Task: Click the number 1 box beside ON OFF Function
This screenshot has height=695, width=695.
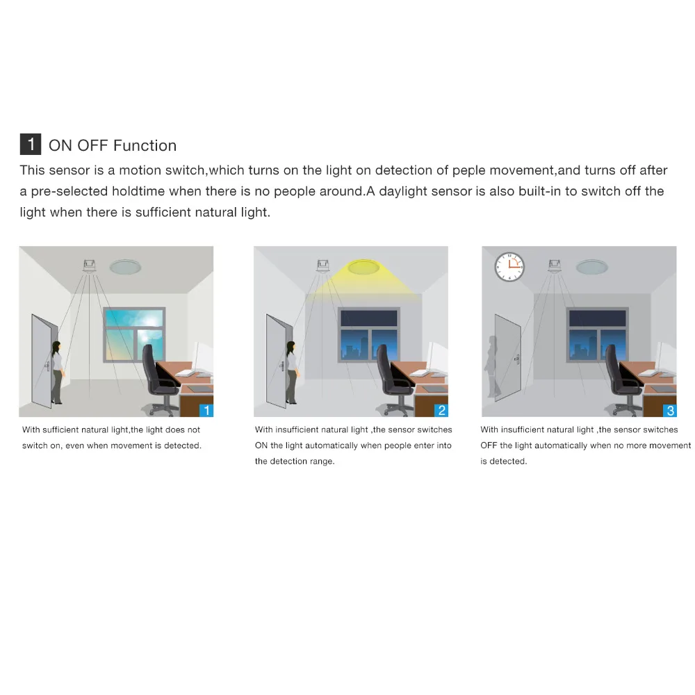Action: click(x=31, y=145)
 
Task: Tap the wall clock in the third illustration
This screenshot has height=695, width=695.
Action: click(x=509, y=267)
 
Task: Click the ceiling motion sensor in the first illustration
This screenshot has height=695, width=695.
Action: click(x=89, y=265)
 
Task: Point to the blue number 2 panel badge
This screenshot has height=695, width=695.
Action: click(x=441, y=410)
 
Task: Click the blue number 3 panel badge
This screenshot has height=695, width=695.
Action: click(x=670, y=410)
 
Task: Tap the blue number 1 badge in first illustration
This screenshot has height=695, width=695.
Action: click(x=206, y=410)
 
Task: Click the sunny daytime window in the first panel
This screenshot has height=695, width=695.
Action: click(x=134, y=334)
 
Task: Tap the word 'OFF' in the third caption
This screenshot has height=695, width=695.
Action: click(x=489, y=445)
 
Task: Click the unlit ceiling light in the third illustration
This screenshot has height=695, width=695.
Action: click(x=590, y=266)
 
